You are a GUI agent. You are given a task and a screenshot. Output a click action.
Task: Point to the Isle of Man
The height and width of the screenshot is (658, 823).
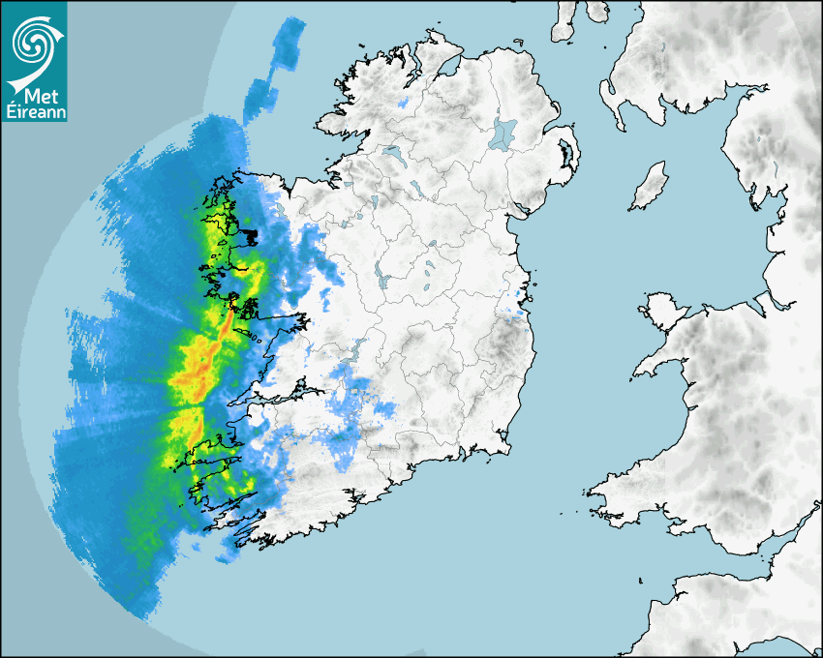click(650, 187)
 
